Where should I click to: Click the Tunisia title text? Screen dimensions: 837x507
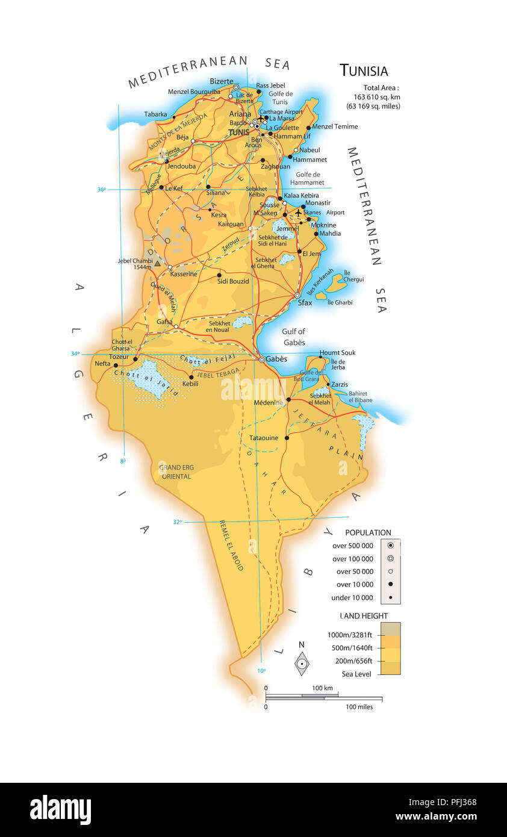[364, 70]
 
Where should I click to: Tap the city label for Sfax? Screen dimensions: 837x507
[305, 303]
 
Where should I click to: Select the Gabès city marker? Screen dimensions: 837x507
[262, 359]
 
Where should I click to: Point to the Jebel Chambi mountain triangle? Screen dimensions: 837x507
[157, 263]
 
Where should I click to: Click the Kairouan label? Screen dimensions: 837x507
[231, 224]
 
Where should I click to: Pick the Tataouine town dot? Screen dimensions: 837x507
[287, 438]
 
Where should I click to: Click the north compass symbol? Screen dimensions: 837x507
[302, 664]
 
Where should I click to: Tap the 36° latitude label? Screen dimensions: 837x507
[101, 190]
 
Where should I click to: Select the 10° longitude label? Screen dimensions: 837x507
[261, 670]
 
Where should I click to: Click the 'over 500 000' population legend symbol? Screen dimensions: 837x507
[390, 546]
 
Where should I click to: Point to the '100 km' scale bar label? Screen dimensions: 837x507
[322, 688]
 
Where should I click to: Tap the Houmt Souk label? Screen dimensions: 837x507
[337, 353]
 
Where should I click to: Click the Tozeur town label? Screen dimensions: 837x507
[119, 356]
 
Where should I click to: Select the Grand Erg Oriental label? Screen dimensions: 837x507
[175, 471]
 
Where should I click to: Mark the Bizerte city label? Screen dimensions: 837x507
[221, 81]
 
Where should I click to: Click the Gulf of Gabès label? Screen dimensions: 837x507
[293, 337]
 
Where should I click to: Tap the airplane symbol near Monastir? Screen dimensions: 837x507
[297, 213]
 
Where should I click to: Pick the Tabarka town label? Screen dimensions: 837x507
[155, 114]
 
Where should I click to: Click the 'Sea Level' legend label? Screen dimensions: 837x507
[356, 674]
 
